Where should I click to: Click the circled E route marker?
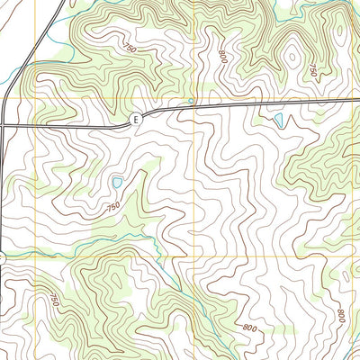(136, 119)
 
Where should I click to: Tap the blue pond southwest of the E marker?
(116, 184)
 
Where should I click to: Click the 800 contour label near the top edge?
(222, 55)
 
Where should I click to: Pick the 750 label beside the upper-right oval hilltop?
(312, 70)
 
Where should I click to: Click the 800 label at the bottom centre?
(248, 328)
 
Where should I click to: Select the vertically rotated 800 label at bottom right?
(341, 316)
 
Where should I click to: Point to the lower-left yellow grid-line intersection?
(36, 257)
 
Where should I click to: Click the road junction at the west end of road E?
(4, 125)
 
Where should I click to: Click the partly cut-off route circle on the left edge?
(2, 258)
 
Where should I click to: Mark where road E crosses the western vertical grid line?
(36, 125)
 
